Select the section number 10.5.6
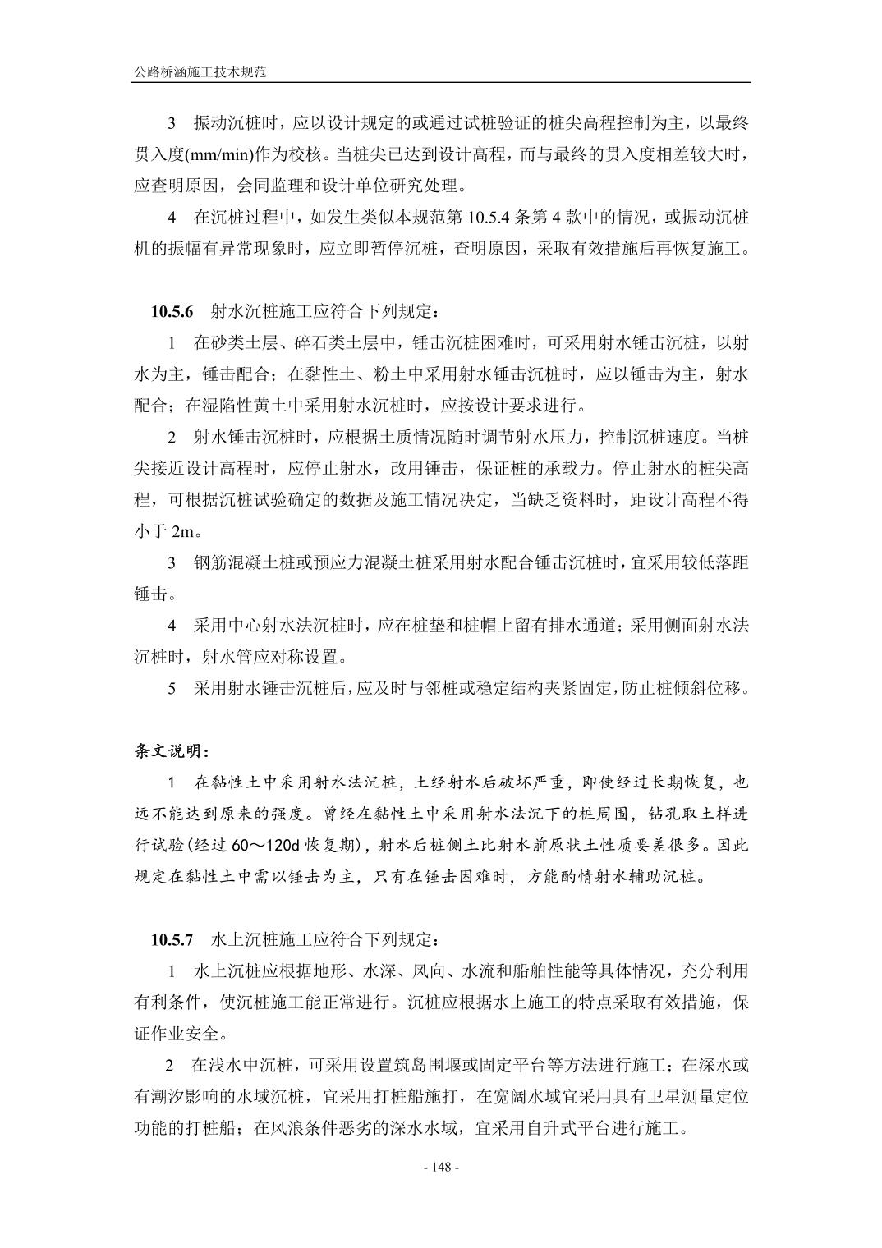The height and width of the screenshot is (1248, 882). click(172, 312)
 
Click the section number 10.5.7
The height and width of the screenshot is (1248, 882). click(172, 938)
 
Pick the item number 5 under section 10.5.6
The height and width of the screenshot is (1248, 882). click(172, 688)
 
